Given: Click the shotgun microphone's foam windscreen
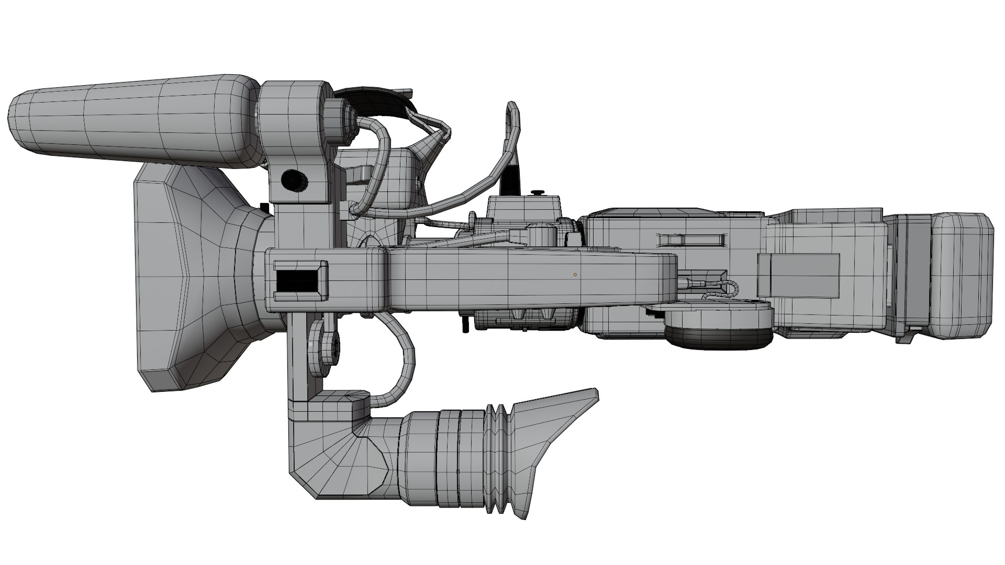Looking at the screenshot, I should pyautogui.click(x=131, y=120).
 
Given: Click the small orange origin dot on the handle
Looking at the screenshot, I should pyautogui.click(x=575, y=274).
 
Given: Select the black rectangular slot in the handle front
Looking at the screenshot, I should pyautogui.click(x=296, y=281).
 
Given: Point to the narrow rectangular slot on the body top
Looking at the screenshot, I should pyautogui.click(x=692, y=240).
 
